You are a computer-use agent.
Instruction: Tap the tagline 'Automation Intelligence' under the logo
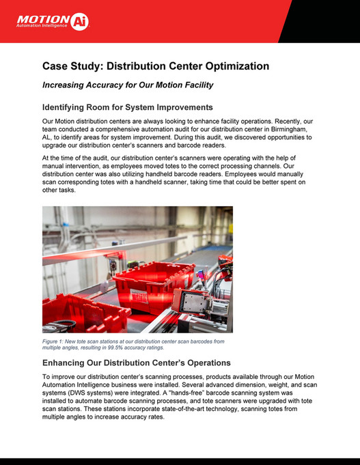(42, 27)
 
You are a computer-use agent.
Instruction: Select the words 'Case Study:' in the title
(72, 66)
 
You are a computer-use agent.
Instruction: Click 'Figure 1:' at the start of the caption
(55, 341)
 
